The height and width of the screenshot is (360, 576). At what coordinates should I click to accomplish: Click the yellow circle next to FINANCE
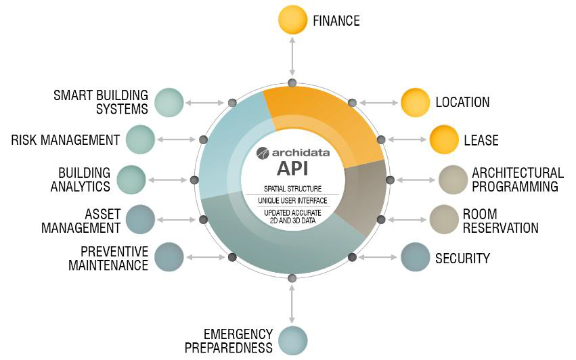point(292,20)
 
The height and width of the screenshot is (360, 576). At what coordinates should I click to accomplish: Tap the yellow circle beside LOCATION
point(415,103)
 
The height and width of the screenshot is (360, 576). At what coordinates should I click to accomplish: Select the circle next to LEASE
point(443,140)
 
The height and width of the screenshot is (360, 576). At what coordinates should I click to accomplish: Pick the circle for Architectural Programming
point(453,180)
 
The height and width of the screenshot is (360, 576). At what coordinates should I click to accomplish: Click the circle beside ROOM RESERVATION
point(443,219)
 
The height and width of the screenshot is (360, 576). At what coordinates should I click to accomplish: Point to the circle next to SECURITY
point(415,258)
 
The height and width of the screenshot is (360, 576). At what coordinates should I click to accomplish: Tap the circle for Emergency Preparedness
point(292,340)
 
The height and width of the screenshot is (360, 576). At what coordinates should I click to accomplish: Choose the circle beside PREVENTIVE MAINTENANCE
point(169,257)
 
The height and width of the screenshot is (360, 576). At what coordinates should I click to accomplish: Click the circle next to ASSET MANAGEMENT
point(140,219)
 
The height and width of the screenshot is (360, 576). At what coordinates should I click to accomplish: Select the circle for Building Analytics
point(131,180)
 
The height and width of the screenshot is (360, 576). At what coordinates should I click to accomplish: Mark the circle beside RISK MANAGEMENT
point(140,140)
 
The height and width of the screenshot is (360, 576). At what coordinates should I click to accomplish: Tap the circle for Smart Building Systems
point(169,103)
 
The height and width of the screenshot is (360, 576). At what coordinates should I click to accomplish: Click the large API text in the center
point(292,168)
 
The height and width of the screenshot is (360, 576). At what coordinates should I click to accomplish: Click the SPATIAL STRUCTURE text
point(292,189)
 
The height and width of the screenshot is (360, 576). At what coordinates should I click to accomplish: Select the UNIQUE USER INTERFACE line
point(292,201)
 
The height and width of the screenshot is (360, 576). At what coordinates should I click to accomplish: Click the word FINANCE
point(336,21)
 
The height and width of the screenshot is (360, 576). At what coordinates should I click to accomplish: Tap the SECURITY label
point(462,258)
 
